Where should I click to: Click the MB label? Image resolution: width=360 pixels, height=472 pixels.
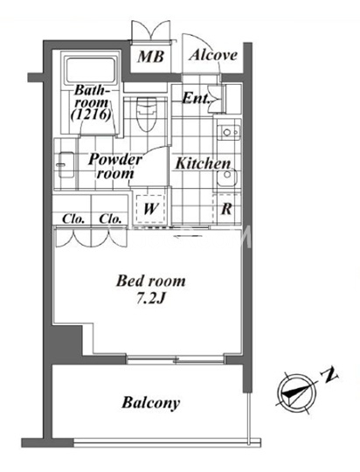click(x=151, y=57)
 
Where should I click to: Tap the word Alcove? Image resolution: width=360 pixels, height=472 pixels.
click(x=213, y=55)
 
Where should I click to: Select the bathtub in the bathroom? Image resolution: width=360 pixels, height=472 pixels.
click(x=91, y=70)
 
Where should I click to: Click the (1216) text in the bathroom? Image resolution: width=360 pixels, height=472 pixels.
click(x=91, y=115)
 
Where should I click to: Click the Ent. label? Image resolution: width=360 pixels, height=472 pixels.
click(x=196, y=98)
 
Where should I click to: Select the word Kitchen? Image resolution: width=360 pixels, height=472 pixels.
click(x=204, y=163)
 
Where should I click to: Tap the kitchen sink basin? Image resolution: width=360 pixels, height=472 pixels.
click(x=227, y=177)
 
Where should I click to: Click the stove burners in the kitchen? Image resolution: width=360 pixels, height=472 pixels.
click(x=229, y=132)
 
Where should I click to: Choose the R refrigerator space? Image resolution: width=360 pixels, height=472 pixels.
click(x=227, y=209)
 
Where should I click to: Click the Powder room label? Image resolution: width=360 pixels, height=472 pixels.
click(x=114, y=166)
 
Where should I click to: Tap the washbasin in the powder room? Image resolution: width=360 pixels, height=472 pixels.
click(x=66, y=164)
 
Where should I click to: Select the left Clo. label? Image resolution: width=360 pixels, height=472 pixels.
click(x=73, y=219)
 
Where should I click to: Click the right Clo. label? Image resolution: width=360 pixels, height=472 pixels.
click(x=110, y=219)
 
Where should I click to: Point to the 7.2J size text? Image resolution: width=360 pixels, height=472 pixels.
click(x=151, y=299)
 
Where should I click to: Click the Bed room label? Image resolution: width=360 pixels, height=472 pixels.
click(x=151, y=281)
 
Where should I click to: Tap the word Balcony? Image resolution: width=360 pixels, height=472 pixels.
click(x=151, y=403)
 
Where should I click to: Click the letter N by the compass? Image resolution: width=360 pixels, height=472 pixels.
click(x=329, y=374)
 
